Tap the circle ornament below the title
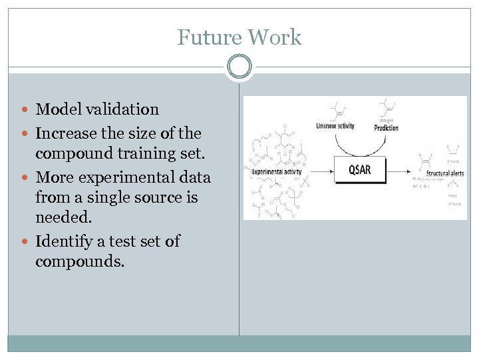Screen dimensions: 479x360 (239, 67)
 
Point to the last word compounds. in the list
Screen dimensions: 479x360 (80, 261)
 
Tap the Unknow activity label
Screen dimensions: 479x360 (335, 125)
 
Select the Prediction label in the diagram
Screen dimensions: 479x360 (386, 127)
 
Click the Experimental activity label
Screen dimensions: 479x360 (277, 171)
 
